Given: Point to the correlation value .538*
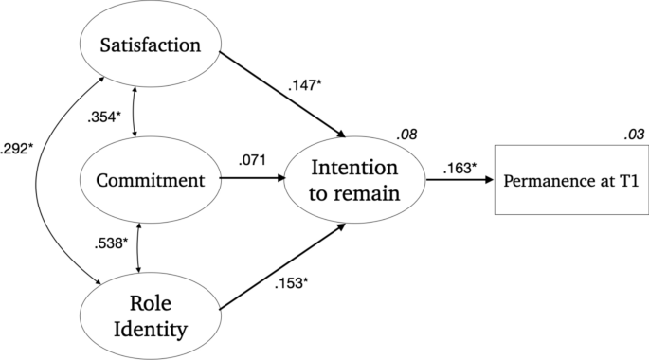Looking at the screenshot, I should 112,243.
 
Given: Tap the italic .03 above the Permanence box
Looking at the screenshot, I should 634,135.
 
